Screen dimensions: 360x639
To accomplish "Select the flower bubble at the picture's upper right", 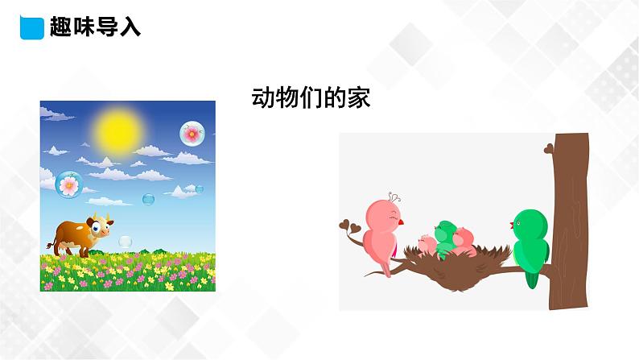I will point(192,133).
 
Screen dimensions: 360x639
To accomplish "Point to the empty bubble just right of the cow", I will point(125,241).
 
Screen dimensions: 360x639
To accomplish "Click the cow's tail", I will point(52,239).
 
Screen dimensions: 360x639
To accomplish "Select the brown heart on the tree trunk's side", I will point(549,148).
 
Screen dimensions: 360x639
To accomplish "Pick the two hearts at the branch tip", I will point(347,225).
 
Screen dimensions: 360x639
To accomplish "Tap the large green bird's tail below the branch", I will point(531,277).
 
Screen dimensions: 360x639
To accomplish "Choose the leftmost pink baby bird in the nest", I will point(426,240).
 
